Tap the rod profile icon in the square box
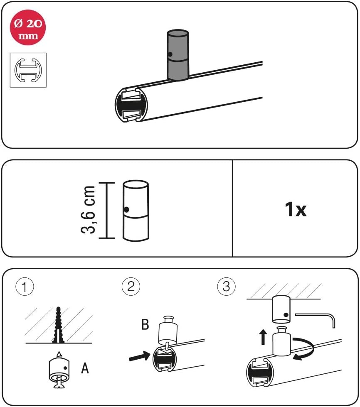28,69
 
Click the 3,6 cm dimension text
89,210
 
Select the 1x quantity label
296,210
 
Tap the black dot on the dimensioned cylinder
126,210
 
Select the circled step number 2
131,287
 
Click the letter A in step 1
85,368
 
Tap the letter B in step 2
145,324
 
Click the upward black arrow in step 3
263,337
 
